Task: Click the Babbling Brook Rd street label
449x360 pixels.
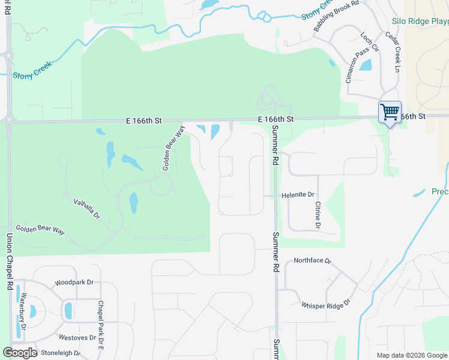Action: coord(336,16)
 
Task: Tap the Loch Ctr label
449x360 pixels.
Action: coord(370,43)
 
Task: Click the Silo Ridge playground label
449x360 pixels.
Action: coord(420,21)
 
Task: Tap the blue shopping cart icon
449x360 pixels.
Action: coord(390,112)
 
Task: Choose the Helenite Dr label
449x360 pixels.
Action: coord(298,195)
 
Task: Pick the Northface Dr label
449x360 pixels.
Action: coord(312,261)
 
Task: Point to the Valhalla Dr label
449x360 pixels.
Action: coord(86,209)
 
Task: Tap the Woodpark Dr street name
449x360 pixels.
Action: coord(74,282)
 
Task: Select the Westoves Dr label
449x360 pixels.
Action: coord(76,337)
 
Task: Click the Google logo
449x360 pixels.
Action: coord(20,353)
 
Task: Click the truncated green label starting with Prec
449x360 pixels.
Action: coord(440,192)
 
